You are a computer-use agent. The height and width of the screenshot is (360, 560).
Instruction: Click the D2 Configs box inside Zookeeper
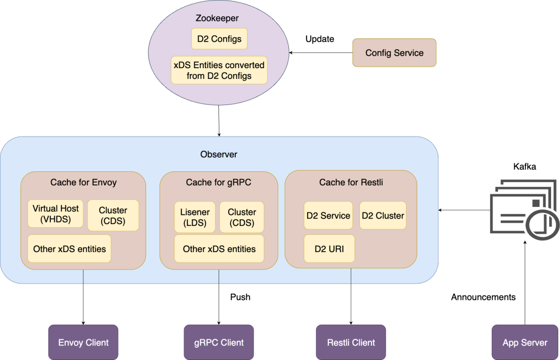219,39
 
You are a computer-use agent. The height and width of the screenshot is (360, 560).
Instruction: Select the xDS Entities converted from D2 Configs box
219,70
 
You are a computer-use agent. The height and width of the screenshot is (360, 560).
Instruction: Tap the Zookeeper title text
217,19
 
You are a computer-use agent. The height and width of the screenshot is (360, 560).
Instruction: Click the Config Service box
394,53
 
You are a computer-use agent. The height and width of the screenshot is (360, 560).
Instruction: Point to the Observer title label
218,155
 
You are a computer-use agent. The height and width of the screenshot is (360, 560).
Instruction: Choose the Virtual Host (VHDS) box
56,214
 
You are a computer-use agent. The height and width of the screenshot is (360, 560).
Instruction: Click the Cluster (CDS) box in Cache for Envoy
113,216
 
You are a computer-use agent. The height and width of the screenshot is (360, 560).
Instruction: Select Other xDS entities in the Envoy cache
69,249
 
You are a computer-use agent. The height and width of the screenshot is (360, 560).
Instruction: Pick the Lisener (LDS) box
195,217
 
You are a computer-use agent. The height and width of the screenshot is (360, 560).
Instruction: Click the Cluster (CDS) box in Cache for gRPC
242,217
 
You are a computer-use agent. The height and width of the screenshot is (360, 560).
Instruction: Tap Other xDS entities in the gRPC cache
219,249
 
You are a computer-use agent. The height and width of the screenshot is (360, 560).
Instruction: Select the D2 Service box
328,216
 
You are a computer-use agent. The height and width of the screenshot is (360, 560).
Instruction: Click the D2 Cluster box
383,216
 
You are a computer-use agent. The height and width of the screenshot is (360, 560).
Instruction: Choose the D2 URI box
329,249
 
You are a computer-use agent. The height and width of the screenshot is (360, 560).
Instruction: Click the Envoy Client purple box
83,342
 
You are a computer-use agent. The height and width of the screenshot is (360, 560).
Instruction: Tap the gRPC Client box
218,342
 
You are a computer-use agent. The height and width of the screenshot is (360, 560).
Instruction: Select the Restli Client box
351,342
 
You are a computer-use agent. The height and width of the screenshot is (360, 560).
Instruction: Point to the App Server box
525,342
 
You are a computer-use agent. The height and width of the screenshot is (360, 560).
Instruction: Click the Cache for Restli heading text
351,182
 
